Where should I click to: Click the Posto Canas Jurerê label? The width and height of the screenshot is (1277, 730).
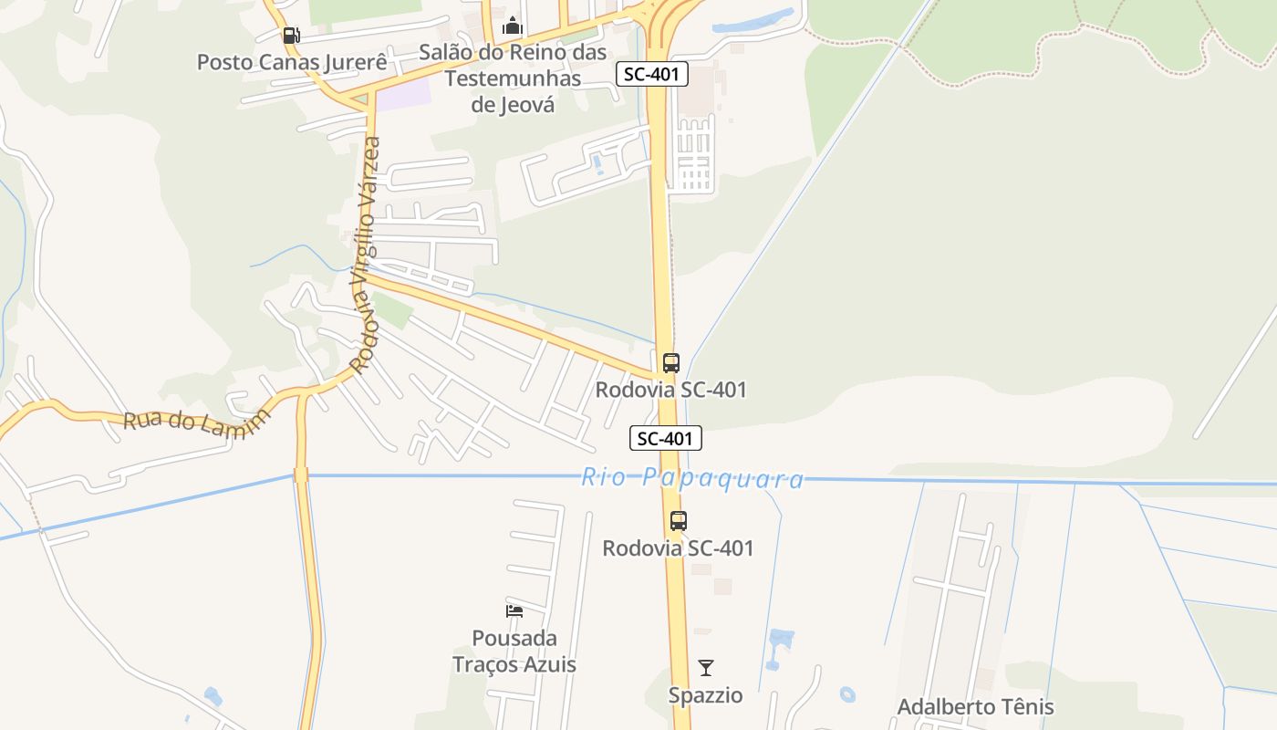(x=292, y=62)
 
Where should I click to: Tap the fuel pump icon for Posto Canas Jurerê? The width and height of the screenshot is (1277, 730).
(x=291, y=36)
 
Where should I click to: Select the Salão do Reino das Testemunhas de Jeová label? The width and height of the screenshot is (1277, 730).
(x=513, y=78)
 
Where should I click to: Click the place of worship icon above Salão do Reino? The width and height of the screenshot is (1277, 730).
(x=513, y=26)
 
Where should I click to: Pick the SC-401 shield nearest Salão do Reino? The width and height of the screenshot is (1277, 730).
(x=652, y=74)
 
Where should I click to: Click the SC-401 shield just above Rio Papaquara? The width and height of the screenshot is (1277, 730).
(x=666, y=438)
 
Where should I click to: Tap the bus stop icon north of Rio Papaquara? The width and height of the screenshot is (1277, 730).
(x=671, y=362)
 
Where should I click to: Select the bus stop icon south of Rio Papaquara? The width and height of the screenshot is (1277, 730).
(x=678, y=521)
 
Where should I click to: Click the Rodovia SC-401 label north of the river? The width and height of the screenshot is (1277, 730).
(x=671, y=390)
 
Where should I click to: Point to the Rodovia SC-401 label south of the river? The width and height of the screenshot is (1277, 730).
(x=678, y=548)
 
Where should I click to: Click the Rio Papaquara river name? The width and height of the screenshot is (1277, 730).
(x=693, y=478)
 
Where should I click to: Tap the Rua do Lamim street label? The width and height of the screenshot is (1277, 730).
(x=198, y=422)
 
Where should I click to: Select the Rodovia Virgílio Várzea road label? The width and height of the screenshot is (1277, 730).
(x=367, y=255)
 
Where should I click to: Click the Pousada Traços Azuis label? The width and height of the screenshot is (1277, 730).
(x=514, y=651)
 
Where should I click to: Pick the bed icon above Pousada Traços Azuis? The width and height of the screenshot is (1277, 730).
(x=514, y=610)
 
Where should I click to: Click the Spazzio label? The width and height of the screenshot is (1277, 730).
(x=705, y=695)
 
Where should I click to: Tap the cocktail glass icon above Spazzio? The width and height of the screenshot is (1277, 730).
(x=705, y=668)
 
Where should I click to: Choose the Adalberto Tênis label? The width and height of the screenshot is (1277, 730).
(x=975, y=707)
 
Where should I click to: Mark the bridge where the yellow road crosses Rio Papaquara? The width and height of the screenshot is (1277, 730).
(x=301, y=474)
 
